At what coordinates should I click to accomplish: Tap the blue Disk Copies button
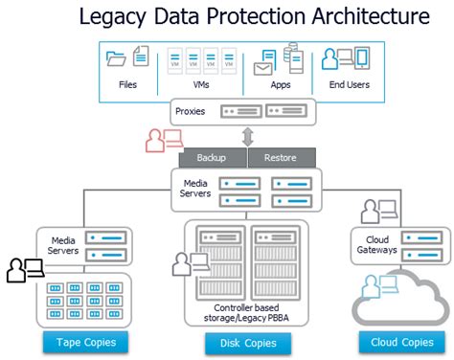click(x=247, y=342)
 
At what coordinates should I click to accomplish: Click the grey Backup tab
click(x=212, y=157)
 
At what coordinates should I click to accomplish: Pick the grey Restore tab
click(x=280, y=157)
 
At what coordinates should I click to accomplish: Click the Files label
click(x=128, y=84)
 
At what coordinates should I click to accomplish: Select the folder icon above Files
click(x=117, y=58)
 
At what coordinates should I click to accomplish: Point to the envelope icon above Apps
click(x=262, y=68)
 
